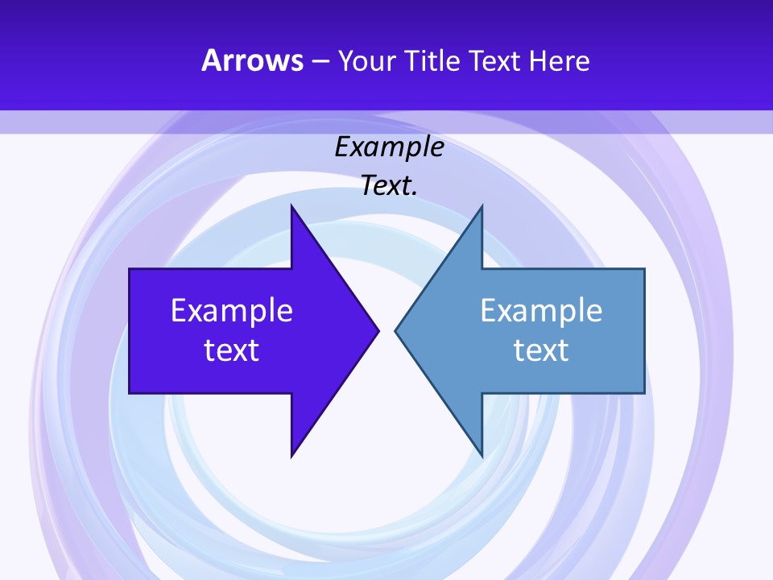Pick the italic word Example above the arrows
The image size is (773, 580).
click(389, 147)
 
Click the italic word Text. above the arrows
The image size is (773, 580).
click(389, 186)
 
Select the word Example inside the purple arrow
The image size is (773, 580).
click(232, 310)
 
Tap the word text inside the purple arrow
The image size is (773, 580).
click(232, 350)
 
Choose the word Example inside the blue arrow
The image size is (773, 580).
click(541, 310)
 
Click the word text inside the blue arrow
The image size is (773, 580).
click(541, 350)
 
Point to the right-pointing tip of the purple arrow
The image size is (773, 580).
click(378, 329)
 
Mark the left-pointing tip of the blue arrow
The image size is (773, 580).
click(395, 329)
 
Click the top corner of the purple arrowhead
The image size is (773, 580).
click(291, 206)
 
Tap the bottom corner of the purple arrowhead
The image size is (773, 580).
click(291, 456)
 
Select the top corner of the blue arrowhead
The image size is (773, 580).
click(482, 206)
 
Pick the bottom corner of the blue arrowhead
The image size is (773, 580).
click(482, 456)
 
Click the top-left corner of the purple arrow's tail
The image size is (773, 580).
click(130, 269)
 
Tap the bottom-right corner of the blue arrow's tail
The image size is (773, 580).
click(644, 392)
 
